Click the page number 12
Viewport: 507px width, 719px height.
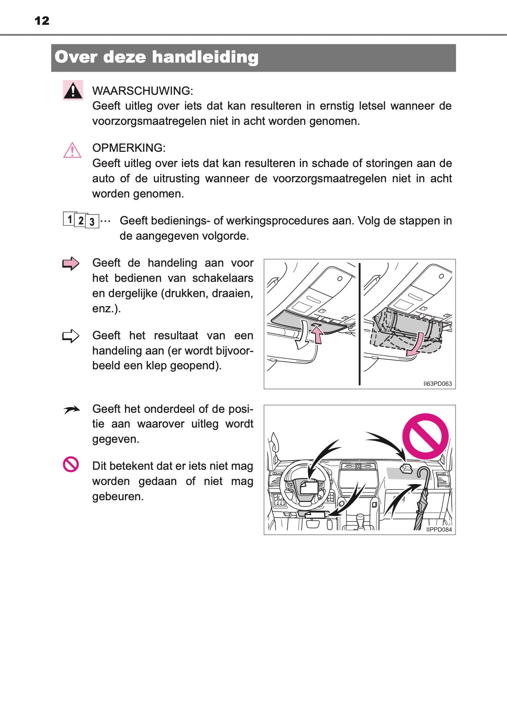coord(42,20)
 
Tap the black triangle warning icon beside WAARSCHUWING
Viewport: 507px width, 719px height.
coord(73,90)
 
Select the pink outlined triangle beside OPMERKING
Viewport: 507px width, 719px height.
coord(72,150)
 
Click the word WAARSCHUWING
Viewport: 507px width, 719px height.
coord(142,91)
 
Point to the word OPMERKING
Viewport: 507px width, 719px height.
coord(128,148)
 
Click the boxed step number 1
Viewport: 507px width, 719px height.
coord(69,219)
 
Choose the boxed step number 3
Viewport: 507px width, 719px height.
coord(92,221)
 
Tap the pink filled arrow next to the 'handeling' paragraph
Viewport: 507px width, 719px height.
coord(71,264)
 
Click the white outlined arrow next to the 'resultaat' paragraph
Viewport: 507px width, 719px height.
coord(71,336)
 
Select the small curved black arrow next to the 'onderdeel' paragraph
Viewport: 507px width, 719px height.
coord(71,410)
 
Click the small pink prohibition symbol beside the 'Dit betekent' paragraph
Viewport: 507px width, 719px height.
coord(71,465)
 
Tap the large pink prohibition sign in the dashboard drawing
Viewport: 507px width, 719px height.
coord(425,436)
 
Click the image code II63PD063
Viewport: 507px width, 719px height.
coord(437,384)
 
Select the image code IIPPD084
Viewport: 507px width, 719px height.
coord(439,530)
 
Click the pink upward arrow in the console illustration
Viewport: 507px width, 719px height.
coord(318,336)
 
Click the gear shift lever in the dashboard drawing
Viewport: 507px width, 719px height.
coord(360,519)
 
